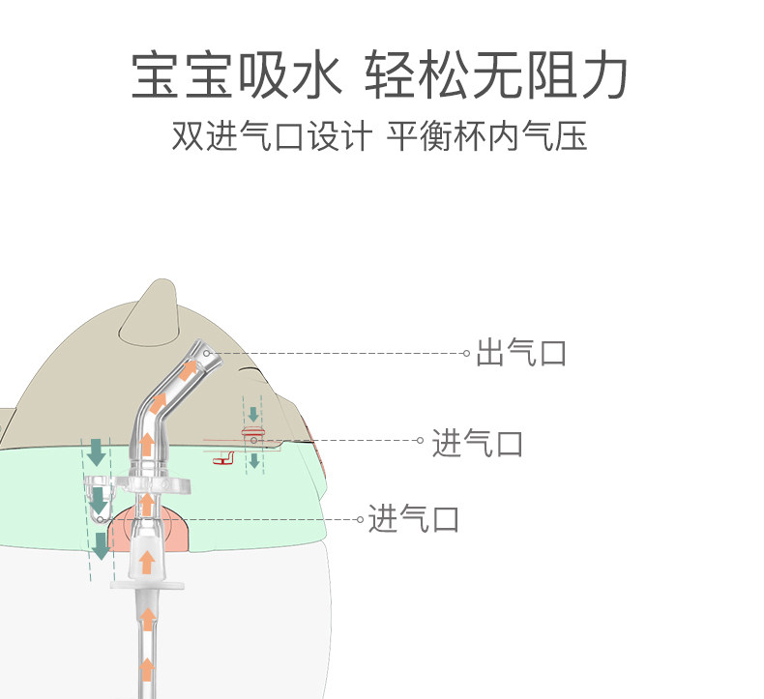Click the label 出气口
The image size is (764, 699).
pos(520,354)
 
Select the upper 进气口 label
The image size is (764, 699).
pos(477,443)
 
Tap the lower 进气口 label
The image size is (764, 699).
pos(413,520)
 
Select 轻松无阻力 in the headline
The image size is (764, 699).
pos(497,76)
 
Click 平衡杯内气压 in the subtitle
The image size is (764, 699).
pos(486,136)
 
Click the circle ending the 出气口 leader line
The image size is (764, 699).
pos(466,354)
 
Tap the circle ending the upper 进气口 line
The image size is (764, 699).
pos(420,441)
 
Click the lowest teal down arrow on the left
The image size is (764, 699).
pos(100,546)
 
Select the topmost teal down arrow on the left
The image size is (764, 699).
pos(97,451)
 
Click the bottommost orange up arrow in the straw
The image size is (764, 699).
pos(146,668)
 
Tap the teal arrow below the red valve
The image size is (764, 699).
pos(253,460)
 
